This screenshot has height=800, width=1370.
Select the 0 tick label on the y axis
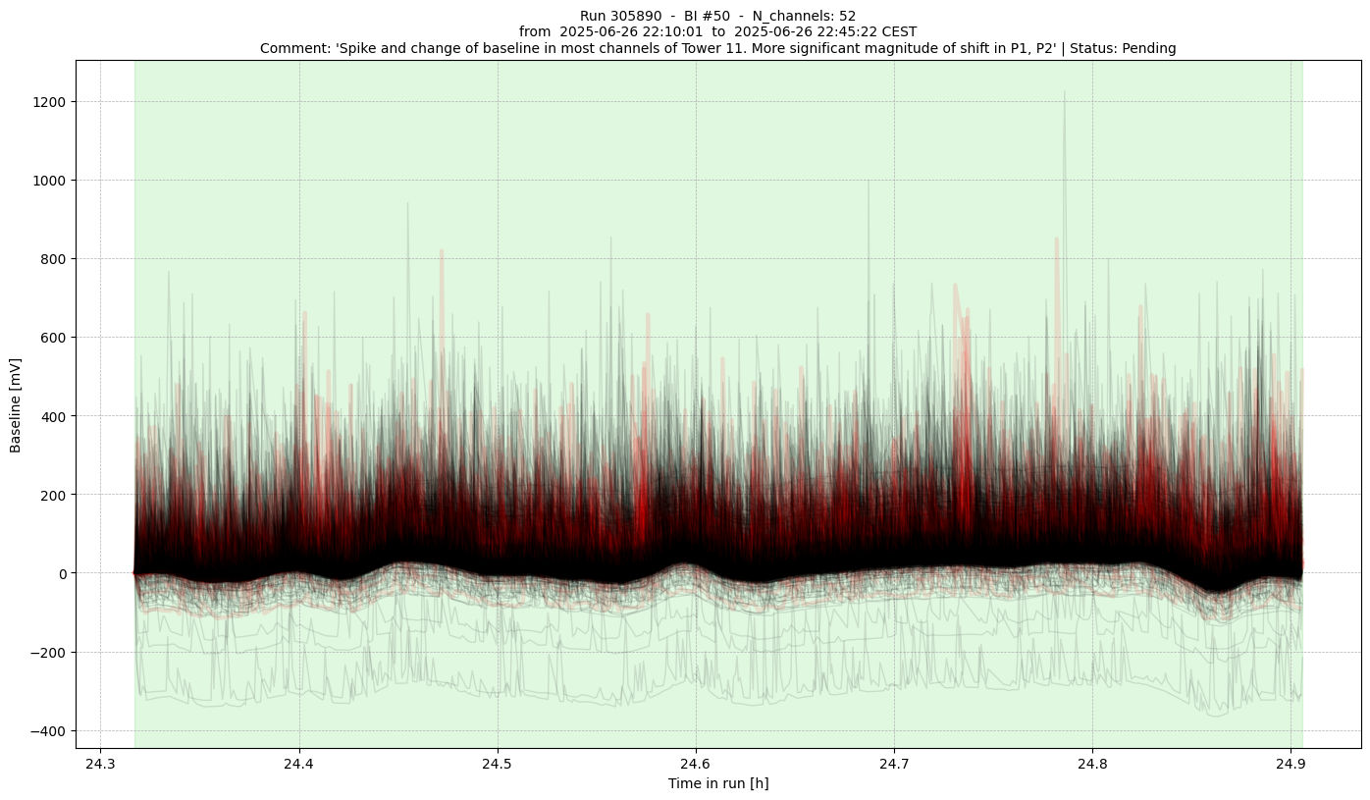tap(62, 573)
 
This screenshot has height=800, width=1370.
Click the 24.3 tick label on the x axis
tap(100, 763)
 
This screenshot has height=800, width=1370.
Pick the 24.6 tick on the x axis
tap(695, 749)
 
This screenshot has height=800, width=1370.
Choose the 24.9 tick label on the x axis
tap(1290, 763)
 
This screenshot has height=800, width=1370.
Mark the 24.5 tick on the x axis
tap(497, 749)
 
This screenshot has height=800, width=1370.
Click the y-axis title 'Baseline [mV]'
tap(16, 403)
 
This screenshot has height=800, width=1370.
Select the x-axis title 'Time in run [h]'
tap(718, 783)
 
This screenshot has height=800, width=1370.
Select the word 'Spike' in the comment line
tap(346, 48)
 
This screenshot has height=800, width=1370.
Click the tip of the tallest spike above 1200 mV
tap(1065, 92)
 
